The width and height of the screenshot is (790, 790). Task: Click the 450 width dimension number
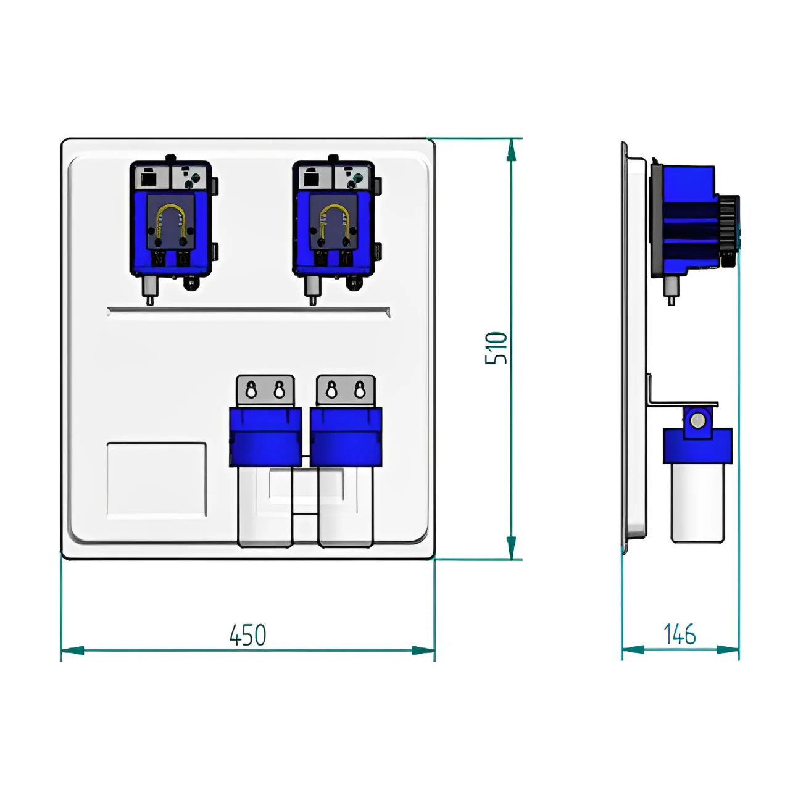point(247,636)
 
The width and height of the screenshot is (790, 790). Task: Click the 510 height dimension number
point(496,348)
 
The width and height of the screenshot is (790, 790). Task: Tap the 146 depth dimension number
point(680,634)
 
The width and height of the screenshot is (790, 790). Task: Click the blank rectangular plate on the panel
point(157,480)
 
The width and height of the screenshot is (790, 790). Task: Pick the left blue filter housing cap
point(265,436)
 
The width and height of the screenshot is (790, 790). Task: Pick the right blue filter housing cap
point(346,436)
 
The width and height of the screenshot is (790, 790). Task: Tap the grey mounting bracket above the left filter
point(265,391)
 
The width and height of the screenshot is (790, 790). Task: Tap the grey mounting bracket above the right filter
point(346,391)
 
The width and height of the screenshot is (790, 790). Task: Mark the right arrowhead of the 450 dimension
point(423,650)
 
